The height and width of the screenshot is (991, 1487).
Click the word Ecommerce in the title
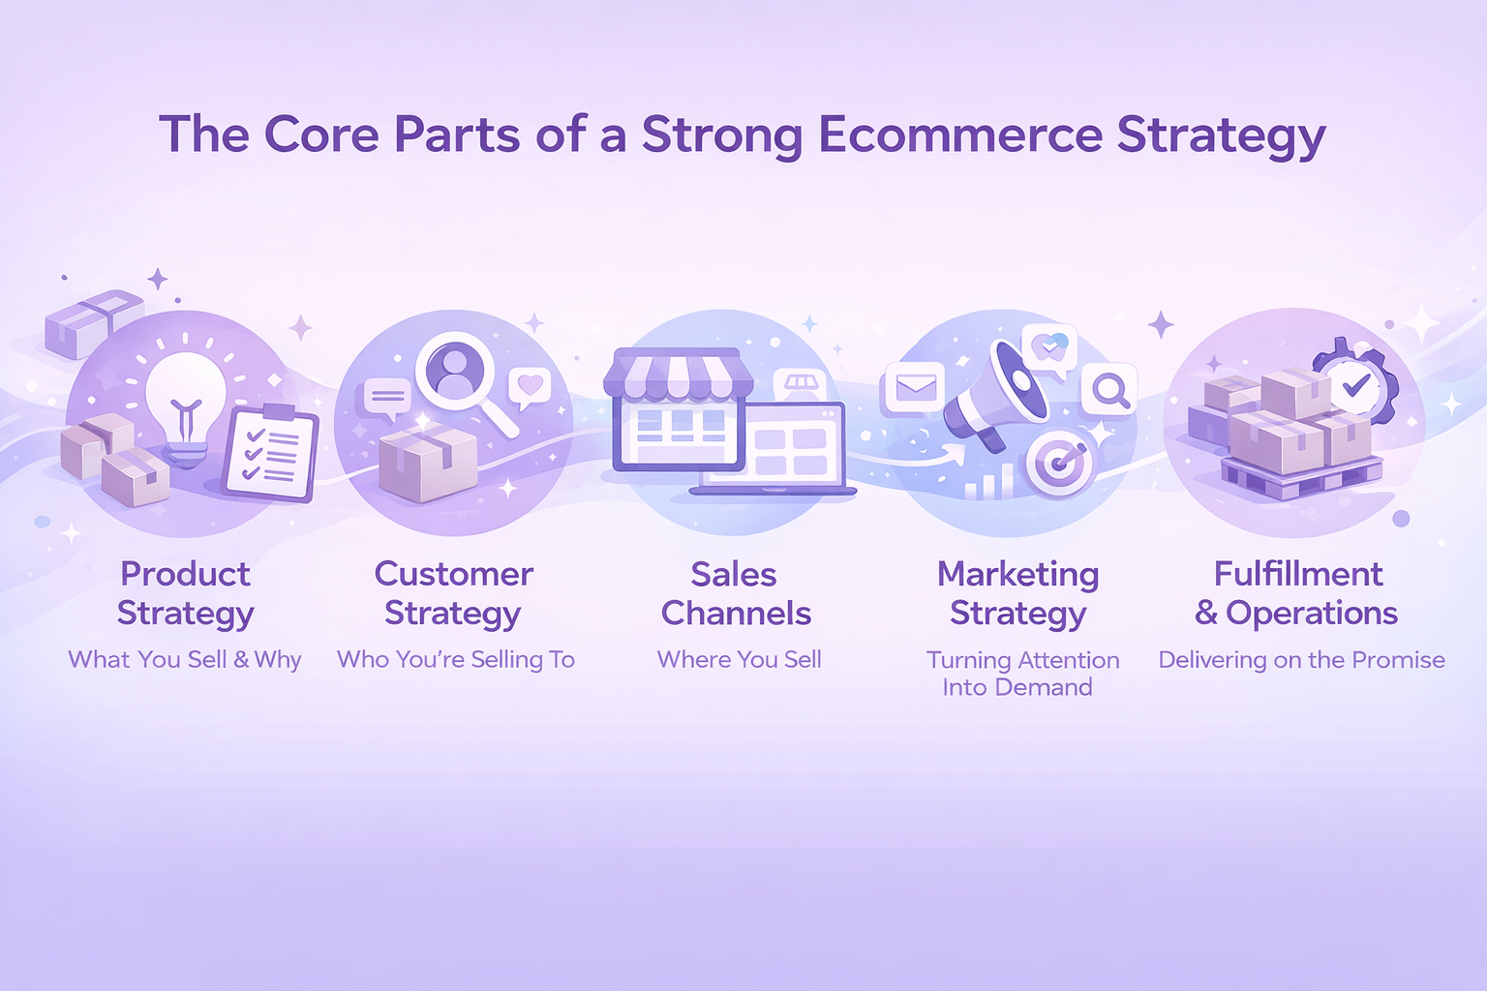[960, 135]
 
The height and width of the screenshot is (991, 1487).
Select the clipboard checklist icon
[271, 453]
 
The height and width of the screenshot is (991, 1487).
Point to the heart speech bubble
[530, 387]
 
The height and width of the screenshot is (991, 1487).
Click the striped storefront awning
[679, 375]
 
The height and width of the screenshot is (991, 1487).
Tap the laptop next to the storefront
[774, 450]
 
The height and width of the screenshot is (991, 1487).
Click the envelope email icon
[916, 388]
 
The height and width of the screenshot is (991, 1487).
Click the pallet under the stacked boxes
[1301, 476]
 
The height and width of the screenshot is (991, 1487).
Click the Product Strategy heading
[186, 593]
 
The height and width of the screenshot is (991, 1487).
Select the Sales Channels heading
[736, 593]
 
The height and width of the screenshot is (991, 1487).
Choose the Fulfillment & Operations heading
[1297, 593]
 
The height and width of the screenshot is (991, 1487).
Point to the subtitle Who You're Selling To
[456, 660]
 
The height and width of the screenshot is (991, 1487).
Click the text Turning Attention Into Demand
[1021, 673]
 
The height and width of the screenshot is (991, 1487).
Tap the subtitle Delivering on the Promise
[1302, 660]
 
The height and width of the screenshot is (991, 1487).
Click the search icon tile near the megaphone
[1108, 390]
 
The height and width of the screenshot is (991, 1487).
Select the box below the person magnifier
[428, 464]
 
